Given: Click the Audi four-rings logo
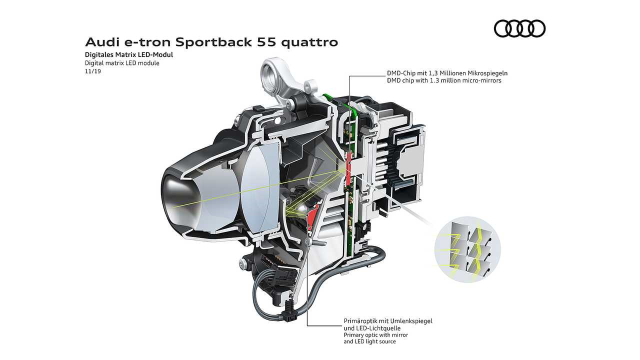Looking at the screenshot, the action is (519, 28).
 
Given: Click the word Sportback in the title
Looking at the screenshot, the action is (214, 42).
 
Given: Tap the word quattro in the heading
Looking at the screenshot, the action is (309, 42).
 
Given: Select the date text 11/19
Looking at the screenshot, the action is (93, 71).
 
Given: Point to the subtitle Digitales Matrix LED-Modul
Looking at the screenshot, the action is (129, 54).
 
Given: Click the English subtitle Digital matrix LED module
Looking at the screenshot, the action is (122, 63).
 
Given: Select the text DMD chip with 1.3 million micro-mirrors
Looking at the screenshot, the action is (444, 80).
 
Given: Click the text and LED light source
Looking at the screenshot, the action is (369, 341).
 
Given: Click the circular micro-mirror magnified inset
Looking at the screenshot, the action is (467, 249).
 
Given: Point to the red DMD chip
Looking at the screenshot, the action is (348, 168).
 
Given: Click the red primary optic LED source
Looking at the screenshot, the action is (312, 216).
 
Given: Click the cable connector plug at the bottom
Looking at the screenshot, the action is (290, 315).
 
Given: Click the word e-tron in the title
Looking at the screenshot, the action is (147, 42).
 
